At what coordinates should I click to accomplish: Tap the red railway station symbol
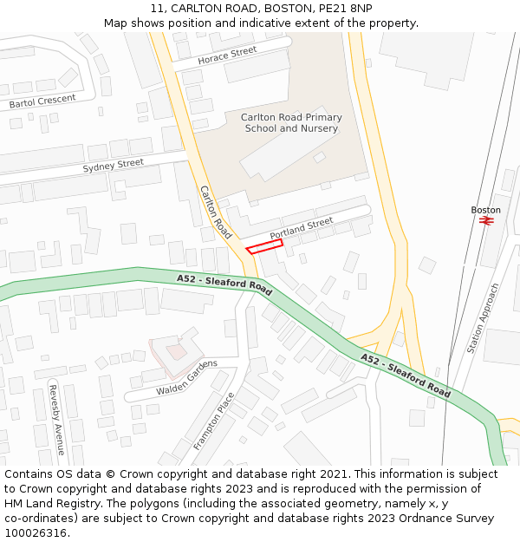tap(486, 221)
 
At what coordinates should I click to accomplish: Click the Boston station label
tap(485, 210)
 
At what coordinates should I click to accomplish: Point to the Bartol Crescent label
tap(42, 101)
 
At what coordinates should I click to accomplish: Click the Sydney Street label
tap(113, 165)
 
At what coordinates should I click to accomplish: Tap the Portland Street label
tap(301, 229)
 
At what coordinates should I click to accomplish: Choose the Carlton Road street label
tap(216, 212)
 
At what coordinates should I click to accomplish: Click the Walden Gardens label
tap(186, 378)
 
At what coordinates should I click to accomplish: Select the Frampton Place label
tap(213, 421)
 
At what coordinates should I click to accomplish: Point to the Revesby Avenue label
tap(56, 419)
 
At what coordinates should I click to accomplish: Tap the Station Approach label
tap(483, 317)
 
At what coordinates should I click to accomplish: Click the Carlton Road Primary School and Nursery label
tap(291, 123)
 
